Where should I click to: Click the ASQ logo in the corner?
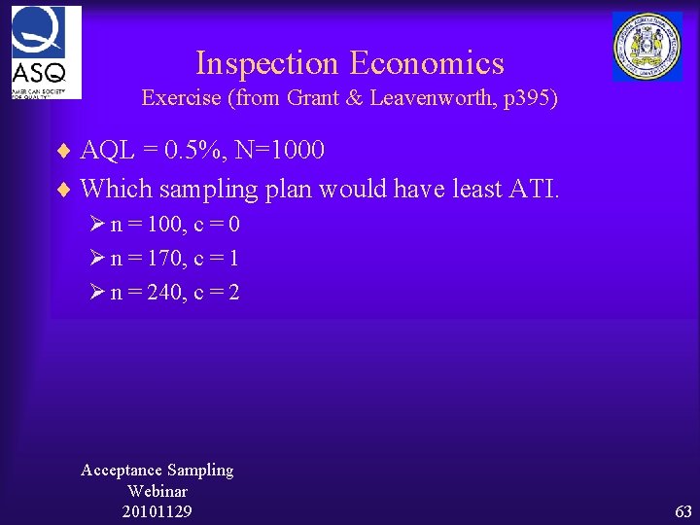coord(46,52)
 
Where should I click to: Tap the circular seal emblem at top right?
coord(647,47)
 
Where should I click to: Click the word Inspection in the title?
coord(267,63)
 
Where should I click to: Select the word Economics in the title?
coord(427,63)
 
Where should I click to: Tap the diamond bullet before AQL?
coord(64,152)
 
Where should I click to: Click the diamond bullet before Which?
coord(64,188)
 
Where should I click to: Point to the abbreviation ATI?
coord(533,187)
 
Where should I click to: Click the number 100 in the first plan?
coord(158,225)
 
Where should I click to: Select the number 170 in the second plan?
coord(158,259)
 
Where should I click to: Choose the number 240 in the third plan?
coord(158,292)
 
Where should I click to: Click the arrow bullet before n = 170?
coord(96,259)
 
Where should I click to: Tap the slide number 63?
coord(683,511)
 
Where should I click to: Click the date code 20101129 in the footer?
coord(157,511)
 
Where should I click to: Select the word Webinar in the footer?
coord(157,491)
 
